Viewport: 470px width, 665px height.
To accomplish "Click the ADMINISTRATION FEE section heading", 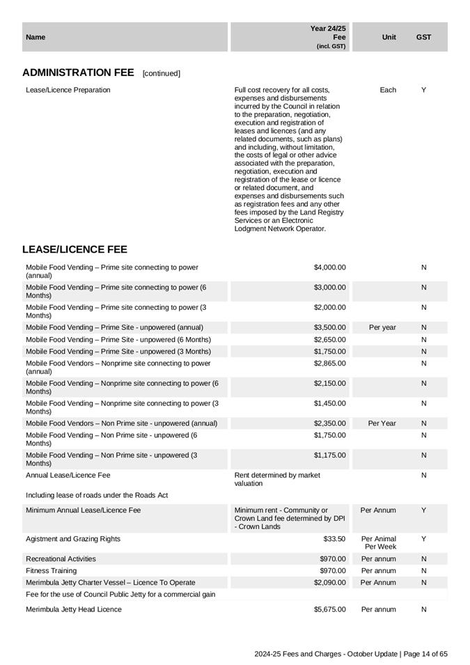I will click(78, 72).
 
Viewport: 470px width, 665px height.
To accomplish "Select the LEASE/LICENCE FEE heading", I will click(75, 249).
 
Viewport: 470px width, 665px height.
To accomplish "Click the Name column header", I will click(36, 37).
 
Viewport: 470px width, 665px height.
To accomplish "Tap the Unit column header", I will click(389, 37).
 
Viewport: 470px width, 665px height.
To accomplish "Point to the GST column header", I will click(423, 37).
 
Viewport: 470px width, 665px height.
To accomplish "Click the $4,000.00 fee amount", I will click(329, 267).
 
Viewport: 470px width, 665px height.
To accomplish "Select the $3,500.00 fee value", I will click(329, 327).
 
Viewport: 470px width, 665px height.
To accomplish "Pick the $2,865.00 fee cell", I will click(329, 363).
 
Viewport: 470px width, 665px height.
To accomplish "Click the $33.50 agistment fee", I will click(334, 539).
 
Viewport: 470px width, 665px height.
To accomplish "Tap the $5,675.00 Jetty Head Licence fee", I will click(329, 609).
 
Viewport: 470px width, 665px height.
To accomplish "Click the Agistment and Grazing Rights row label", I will click(73, 539).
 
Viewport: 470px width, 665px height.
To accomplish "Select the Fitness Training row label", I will click(51, 571).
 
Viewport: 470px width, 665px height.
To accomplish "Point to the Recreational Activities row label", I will click(61, 559).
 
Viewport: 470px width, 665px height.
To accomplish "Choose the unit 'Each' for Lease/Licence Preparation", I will click(388, 90).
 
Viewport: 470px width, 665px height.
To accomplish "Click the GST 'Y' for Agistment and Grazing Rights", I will click(423, 539).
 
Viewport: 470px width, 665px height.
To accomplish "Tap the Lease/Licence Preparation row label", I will click(68, 90).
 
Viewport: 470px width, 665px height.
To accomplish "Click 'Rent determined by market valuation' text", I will click(277, 479).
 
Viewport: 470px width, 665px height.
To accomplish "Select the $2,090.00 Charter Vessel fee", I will click(329, 583).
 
